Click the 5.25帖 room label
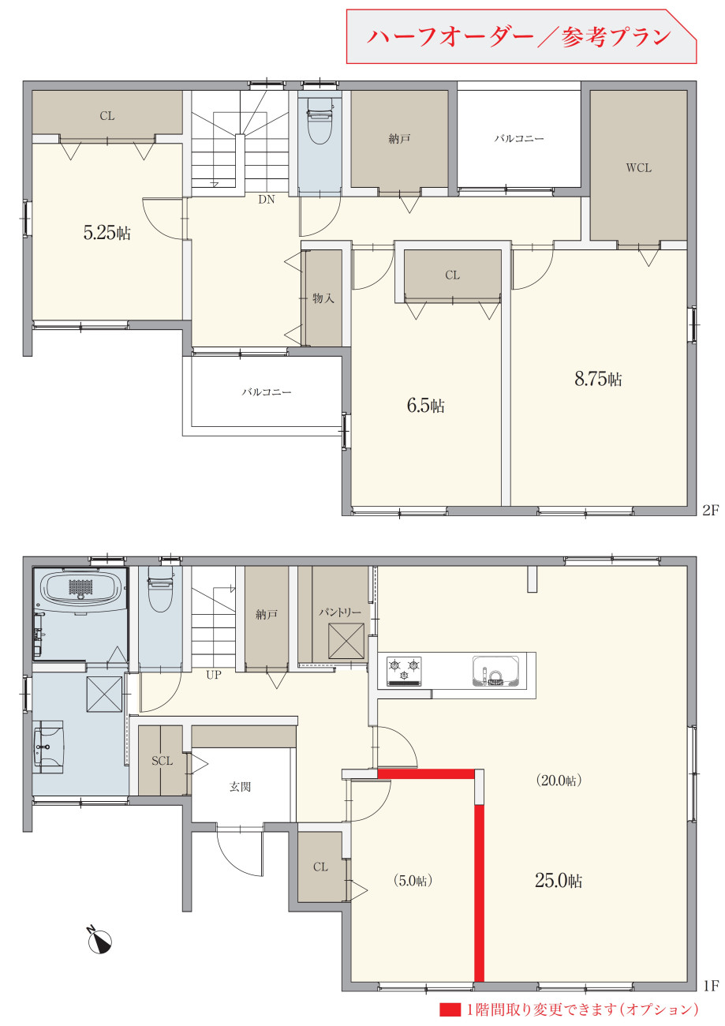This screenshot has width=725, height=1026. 107,233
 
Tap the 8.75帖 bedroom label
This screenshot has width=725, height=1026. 598,379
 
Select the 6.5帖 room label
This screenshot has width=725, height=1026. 426,406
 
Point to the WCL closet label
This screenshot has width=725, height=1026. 638,167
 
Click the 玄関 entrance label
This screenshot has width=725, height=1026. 240,787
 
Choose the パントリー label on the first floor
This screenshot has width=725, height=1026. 340,612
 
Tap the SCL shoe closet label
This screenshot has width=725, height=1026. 162,761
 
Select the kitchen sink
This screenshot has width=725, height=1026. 496,672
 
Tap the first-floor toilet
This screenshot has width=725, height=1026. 159,590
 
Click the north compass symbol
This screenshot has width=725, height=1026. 99,942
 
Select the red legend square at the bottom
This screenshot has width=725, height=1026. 450,1009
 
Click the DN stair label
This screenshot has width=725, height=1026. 267,199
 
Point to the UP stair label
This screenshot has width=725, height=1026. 213,675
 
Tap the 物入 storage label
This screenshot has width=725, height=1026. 323,298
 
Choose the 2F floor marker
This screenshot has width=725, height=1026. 711,510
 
